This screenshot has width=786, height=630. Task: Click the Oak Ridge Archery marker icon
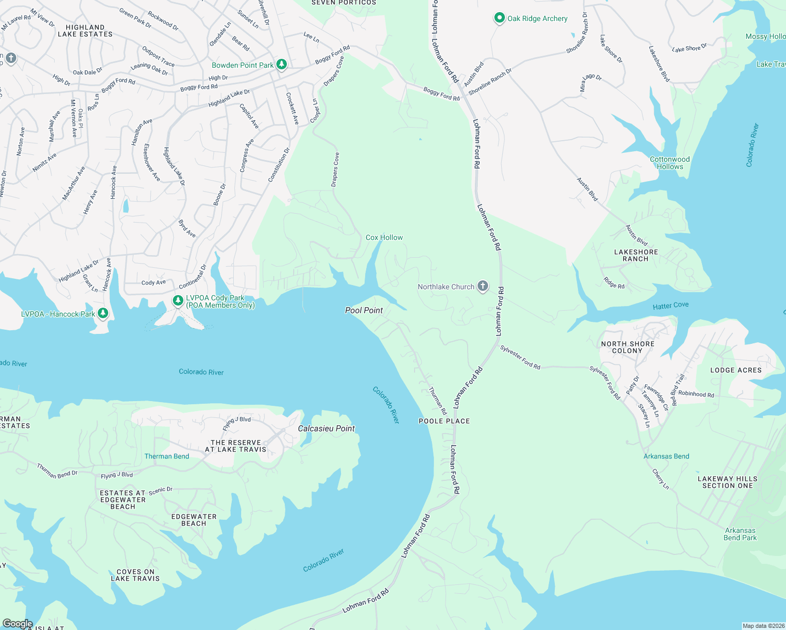pos(499,18)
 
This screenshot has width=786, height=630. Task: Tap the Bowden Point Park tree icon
pos(282,65)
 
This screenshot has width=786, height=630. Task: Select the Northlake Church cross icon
pos(483,286)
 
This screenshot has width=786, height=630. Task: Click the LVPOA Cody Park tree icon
pos(178,301)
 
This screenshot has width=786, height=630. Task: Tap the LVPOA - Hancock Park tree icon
pos(103,313)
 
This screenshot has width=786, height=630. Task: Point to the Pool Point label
pos(364,310)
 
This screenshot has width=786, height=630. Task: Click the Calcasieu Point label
pos(326,428)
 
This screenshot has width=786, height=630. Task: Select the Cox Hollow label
pos(384,237)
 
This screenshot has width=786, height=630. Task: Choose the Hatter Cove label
pos(670,306)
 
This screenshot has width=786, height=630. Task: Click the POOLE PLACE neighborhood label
pos(444,421)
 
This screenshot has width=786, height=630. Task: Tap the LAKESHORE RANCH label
pos(636,256)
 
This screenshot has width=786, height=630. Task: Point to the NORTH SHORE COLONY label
pos(627,347)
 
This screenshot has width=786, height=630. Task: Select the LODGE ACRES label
pos(736,370)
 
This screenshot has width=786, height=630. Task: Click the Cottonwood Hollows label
pos(669,163)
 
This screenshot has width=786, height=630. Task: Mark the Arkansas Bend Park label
pos(740,534)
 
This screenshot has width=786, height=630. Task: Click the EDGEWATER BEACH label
pos(193,520)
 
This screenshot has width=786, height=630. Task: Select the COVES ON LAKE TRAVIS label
pos(135,575)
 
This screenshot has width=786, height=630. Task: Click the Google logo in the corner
pos(17,623)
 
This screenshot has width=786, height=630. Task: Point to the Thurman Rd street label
pos(438,401)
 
